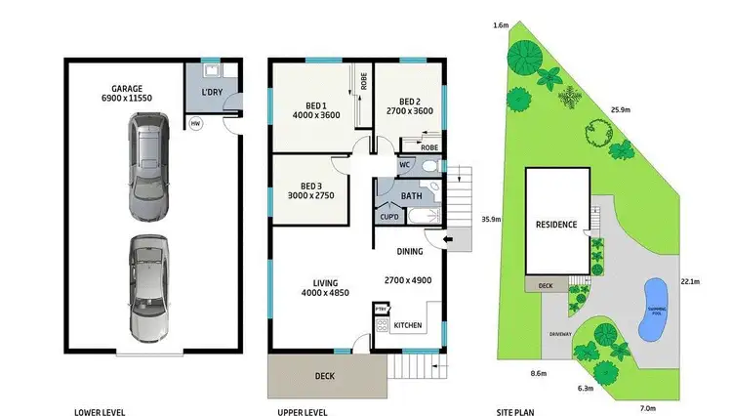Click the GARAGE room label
coord(124,87)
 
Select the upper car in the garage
coord(147,165)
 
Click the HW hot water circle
coord(195,124)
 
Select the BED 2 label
coord(410,100)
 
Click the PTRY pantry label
coord(381,310)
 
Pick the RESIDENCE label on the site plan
coord(557,224)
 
